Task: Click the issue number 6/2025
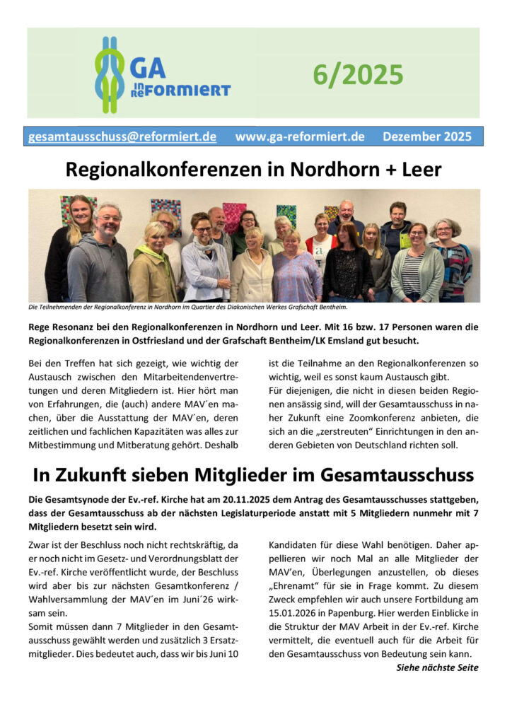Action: coord(359,74)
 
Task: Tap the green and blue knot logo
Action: coord(110,74)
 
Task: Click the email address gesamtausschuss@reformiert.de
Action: coord(122,136)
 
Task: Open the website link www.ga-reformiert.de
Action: coord(300,136)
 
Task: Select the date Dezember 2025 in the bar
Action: coord(427,136)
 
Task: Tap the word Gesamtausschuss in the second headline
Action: coord(402,475)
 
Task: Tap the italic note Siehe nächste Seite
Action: coord(437,667)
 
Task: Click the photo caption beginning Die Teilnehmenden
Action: coord(188,307)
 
